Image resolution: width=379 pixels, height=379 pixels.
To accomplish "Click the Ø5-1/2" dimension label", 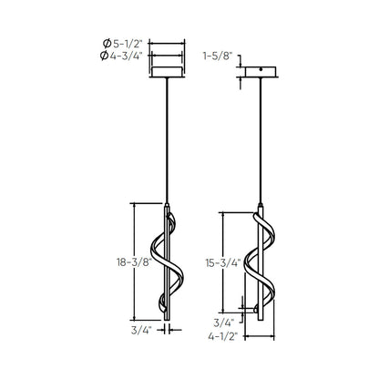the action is [x=123, y=44].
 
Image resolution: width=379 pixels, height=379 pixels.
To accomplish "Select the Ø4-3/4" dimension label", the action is [x=121, y=56].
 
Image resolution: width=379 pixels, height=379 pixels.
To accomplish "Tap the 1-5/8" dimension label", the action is [x=218, y=56].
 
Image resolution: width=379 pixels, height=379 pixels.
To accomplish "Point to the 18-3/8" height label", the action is [x=134, y=262].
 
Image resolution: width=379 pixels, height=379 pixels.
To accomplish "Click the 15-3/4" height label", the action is [x=223, y=263].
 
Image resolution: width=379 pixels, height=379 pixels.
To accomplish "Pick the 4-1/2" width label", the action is [x=222, y=336].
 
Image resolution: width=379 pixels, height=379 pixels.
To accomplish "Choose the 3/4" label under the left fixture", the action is [x=141, y=330].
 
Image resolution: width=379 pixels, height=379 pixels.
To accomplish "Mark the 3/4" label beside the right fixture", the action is [x=224, y=323].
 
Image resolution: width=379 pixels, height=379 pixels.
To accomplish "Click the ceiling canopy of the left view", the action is [x=167, y=72].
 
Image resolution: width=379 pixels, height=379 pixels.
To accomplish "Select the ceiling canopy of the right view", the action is [x=261, y=72].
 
